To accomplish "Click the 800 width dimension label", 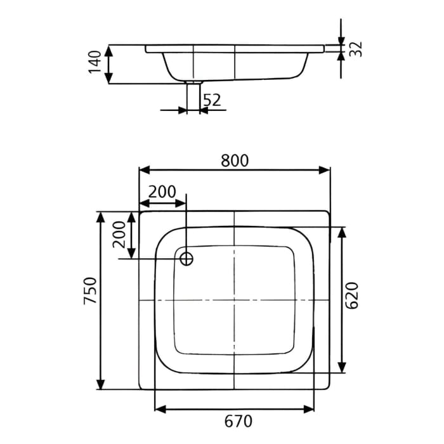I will (235, 160).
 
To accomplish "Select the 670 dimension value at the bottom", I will (235, 421).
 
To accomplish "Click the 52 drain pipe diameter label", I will (212, 100).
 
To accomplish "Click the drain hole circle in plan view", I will (186, 258).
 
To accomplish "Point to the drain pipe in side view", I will (193, 96).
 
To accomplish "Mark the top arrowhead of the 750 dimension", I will (100, 217).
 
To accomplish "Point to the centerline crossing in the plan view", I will (235, 299).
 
